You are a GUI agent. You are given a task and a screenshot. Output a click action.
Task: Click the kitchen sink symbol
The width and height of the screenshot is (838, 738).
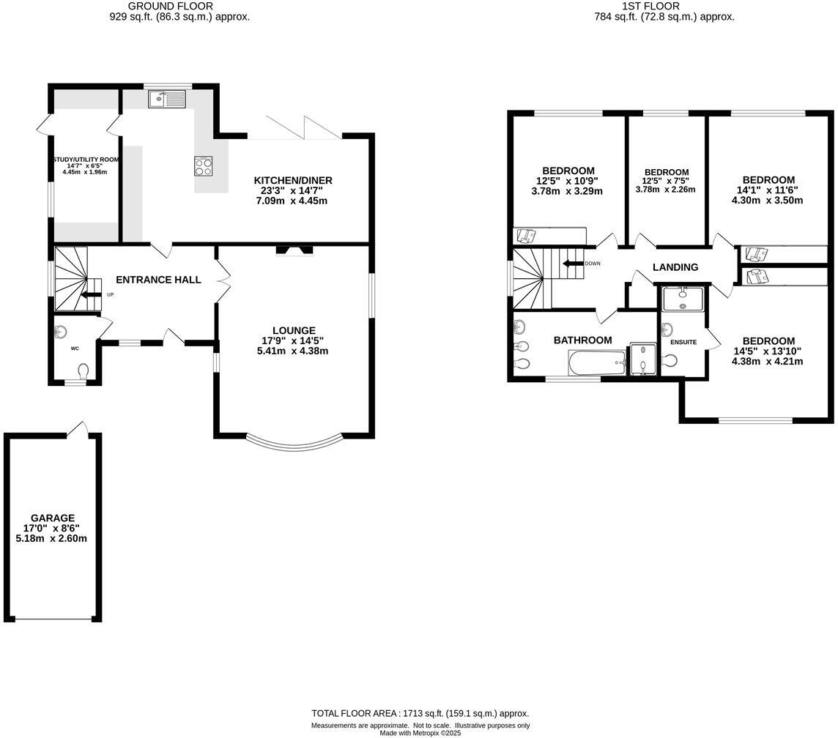[168, 98]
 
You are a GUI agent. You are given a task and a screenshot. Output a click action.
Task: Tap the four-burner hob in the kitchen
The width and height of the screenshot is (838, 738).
[204, 166]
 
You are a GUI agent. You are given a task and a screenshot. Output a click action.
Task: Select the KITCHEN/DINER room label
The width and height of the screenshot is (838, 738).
[293, 180]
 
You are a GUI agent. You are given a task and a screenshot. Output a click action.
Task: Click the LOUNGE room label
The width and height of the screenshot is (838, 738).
[294, 330]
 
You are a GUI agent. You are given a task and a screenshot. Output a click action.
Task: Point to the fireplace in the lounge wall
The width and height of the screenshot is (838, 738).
[294, 251]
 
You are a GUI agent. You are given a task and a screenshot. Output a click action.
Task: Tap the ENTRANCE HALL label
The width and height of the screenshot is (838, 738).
[158, 280]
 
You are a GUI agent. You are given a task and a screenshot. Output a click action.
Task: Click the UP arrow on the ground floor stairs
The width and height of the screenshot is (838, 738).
[92, 295]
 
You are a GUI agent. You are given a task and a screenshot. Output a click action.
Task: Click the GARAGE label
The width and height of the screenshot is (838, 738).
[52, 518]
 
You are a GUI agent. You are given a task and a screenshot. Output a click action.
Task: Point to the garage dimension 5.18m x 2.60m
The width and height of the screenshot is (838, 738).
[52, 538]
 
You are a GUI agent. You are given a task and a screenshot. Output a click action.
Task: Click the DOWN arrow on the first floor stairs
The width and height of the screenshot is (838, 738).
[571, 264]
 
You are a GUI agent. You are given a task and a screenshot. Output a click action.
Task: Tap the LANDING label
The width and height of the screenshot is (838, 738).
[675, 267]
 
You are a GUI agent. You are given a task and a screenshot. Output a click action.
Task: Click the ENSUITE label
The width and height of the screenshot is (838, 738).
[683, 342]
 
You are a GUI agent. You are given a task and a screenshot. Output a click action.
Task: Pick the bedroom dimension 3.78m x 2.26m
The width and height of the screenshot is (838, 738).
[666, 190]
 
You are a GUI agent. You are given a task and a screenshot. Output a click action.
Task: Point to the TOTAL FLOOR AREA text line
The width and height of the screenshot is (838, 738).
[420, 713]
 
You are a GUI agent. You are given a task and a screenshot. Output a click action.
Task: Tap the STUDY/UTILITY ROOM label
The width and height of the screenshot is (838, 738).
[85, 160]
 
